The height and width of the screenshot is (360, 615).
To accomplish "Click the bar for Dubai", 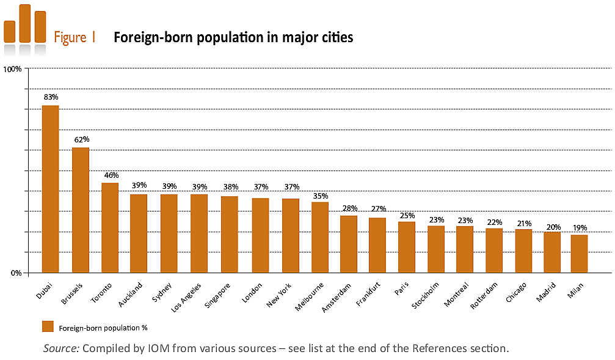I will pyautogui.click(x=50, y=189).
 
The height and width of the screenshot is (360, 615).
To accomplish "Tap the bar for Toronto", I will pyautogui.click(x=110, y=227).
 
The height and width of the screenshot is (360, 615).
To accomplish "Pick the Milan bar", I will pyautogui.click(x=578, y=254).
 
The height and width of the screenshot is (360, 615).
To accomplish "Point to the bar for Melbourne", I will pyautogui.click(x=320, y=237).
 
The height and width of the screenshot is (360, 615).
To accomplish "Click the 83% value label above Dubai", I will pyautogui.click(x=51, y=97).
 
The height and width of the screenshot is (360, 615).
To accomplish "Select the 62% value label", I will pyautogui.click(x=81, y=139).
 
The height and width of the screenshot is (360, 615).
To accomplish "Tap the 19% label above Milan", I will pyautogui.click(x=580, y=227).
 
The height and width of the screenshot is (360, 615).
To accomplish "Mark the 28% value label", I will pyautogui.click(x=349, y=208).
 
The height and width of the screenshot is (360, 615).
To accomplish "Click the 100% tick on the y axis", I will pyautogui.click(x=13, y=69).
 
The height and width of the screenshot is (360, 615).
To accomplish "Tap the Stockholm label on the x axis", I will pyautogui.click(x=425, y=296).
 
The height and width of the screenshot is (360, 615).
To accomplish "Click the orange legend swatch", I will pyautogui.click(x=48, y=327).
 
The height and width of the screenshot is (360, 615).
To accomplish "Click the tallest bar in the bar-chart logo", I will pyautogui.click(x=25, y=23).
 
